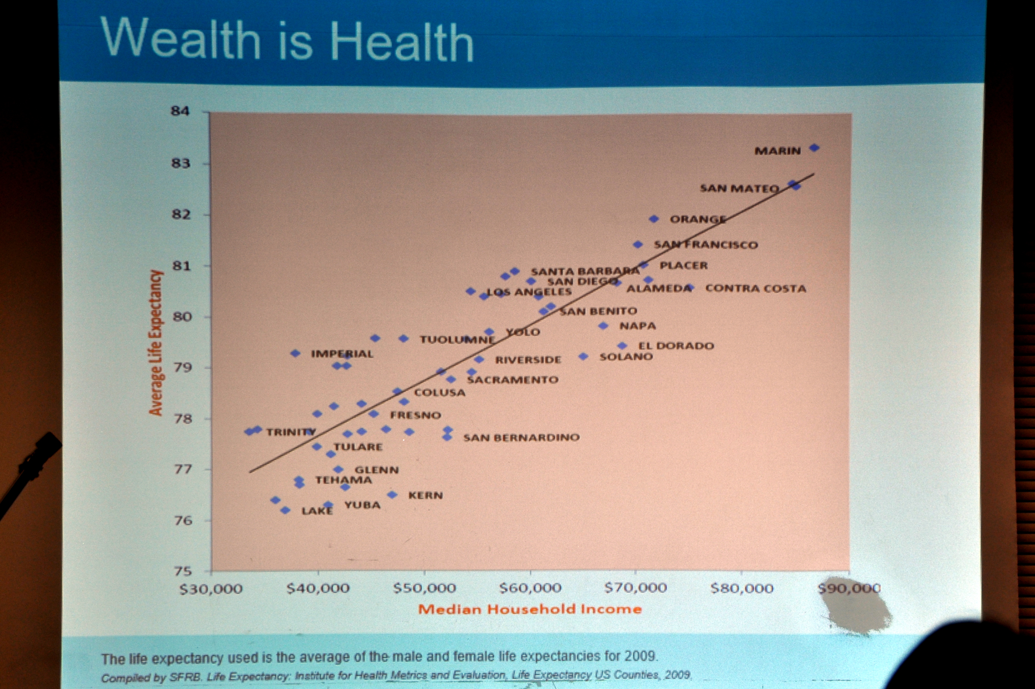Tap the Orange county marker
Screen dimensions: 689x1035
tap(654, 219)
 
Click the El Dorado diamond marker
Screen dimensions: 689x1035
tap(622, 346)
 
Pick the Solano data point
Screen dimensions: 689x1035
tap(583, 356)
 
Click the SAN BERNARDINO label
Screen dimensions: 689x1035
tap(521, 437)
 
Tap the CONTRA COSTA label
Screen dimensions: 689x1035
tap(756, 289)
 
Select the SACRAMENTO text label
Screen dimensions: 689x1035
tap(513, 380)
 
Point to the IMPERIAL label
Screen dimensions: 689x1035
tap(342, 354)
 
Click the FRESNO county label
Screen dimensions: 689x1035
tap(415, 415)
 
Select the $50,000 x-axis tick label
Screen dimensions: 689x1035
tap(424, 588)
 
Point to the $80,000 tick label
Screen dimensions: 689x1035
tap(742, 588)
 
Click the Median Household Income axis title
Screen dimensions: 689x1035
tap(530, 609)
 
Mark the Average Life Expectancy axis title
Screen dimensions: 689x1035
tap(156, 343)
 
